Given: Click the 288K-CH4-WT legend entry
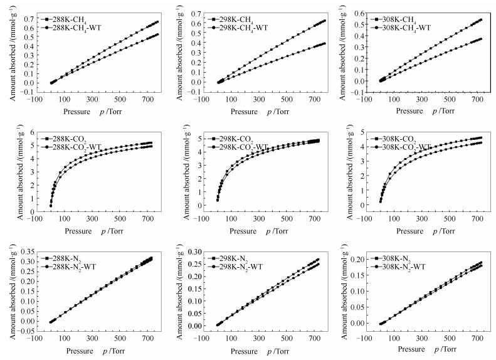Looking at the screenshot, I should point(69,28).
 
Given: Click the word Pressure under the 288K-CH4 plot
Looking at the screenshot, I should point(80,111).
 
